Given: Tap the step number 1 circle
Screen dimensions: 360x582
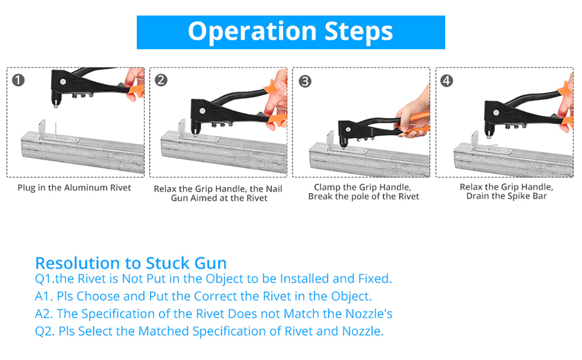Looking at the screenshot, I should click(x=18, y=80).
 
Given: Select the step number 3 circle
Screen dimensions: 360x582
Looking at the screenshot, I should click(x=305, y=81).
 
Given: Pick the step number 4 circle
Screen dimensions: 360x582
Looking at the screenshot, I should click(x=447, y=81).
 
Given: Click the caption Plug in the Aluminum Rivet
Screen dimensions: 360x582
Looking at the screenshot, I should click(x=74, y=188).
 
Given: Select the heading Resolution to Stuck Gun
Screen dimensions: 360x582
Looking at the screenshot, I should click(x=131, y=263).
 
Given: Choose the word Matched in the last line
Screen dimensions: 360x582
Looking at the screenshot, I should click(x=164, y=331).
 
